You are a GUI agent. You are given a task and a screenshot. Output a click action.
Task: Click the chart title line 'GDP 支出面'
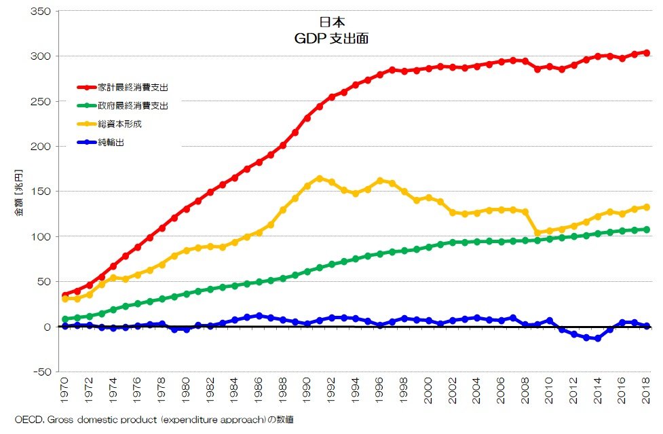pyautogui.click(x=331, y=39)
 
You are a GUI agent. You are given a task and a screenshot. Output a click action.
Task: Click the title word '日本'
pyautogui.click(x=331, y=22)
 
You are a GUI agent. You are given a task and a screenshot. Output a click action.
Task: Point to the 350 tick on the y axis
pyautogui.click(x=43, y=12)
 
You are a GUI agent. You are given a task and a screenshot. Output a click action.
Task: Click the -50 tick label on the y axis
pyautogui.click(x=41, y=372)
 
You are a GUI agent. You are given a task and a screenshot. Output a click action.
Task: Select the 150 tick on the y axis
pyautogui.click(x=43, y=192)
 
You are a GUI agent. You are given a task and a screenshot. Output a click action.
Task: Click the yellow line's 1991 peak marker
pyautogui.click(x=319, y=178)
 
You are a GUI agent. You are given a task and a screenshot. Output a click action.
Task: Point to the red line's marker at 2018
pyautogui.click(x=647, y=52)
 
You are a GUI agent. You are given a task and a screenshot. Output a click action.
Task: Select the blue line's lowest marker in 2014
pyautogui.click(x=598, y=338)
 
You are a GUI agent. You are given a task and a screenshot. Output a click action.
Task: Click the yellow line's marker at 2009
pyautogui.click(x=537, y=232)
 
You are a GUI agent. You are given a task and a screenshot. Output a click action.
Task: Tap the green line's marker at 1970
pyautogui.click(x=65, y=319)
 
